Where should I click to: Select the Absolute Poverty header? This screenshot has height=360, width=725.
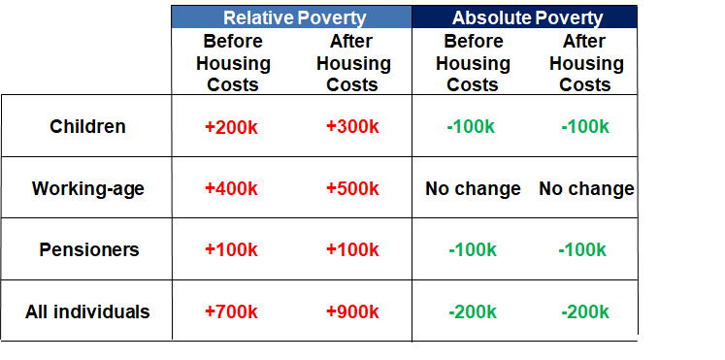[x=527, y=17]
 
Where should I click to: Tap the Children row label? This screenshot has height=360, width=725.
[x=88, y=126]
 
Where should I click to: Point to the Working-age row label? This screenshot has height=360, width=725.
[x=88, y=188]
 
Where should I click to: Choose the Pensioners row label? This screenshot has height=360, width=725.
[x=88, y=249]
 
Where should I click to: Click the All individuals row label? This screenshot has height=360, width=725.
[x=88, y=311]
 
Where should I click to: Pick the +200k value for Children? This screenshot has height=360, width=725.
[x=232, y=126]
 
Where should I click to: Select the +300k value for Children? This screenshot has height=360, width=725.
[x=352, y=126]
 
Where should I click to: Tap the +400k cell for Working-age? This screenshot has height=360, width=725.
[x=232, y=188]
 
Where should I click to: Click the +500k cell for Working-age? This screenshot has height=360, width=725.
[x=352, y=188]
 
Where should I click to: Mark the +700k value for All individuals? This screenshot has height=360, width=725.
[x=232, y=311]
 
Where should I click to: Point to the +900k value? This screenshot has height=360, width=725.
[x=352, y=311]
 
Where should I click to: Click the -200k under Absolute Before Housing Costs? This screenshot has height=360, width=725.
[x=473, y=311]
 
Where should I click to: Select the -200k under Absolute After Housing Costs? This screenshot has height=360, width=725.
[x=585, y=311]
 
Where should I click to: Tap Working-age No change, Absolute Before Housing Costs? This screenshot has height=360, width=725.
[x=473, y=188]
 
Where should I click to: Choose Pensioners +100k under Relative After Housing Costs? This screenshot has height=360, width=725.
[x=352, y=249]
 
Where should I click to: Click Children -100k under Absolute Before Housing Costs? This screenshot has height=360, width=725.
[x=473, y=126]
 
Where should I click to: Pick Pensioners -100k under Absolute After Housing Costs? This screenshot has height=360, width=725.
[x=585, y=249]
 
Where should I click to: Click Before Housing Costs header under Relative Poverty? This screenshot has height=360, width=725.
[x=233, y=63]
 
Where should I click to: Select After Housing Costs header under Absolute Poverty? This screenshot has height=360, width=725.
[x=586, y=63]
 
